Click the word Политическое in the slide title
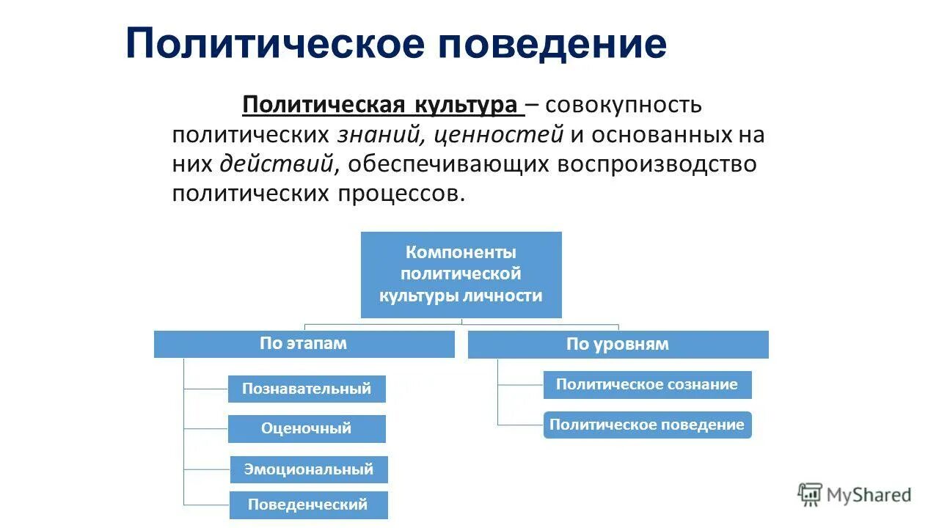[275, 44]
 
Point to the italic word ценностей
[499, 135]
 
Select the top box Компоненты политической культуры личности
[461, 275]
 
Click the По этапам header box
[304, 344]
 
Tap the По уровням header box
[618, 345]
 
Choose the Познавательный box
[307, 389]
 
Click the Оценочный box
[307, 429]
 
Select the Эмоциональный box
[309, 469]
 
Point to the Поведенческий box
[308, 505]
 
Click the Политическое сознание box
[647, 385]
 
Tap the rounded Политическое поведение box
[647, 425]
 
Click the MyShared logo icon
[810, 495]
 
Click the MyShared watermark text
[869, 496]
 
